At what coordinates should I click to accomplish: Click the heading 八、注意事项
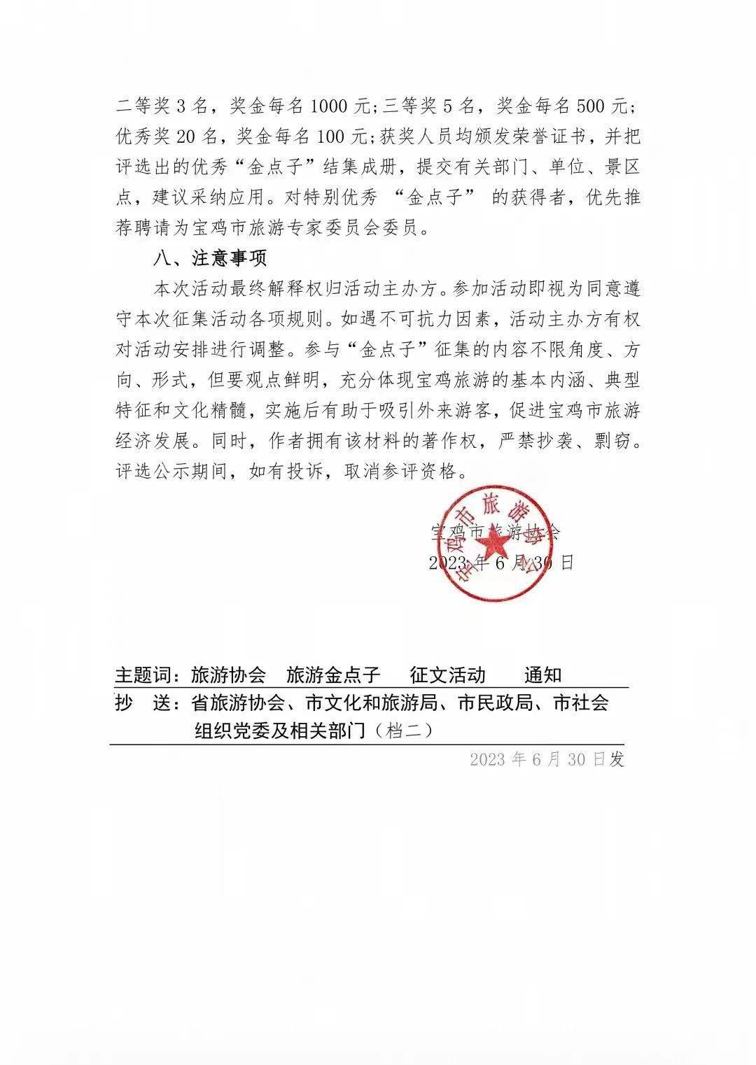pos(210,258)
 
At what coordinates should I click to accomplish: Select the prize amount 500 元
pos(603,107)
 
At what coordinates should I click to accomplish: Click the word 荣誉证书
pos(538,137)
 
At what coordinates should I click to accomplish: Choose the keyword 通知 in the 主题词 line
pos(543,675)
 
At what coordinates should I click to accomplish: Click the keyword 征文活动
pos(448,675)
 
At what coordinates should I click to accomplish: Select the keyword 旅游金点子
pos(333,675)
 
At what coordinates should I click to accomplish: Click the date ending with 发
pos(547,760)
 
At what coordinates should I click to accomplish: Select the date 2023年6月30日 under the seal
pos(501,563)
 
